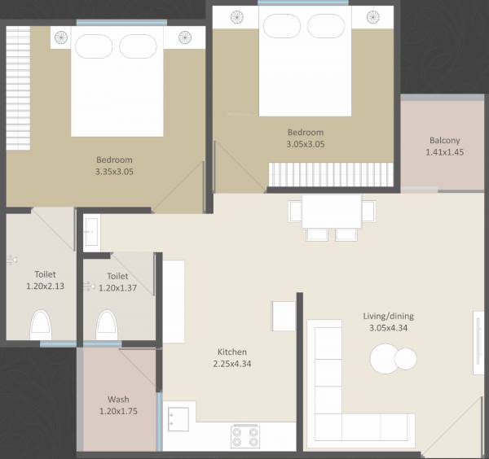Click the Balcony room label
pos(445,140)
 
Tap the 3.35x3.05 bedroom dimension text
pos(114,172)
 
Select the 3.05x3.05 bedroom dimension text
pos(306,144)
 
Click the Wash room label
pos(118,400)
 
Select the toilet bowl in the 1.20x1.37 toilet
pos(107,326)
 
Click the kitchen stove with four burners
pos(245,436)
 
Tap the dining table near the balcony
pos(331,212)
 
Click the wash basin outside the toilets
pos(90,232)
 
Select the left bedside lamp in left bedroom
pos(61,37)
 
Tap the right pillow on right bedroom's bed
pos(326,26)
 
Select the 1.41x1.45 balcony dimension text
pos(445,152)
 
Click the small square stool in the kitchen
pos(284,316)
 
